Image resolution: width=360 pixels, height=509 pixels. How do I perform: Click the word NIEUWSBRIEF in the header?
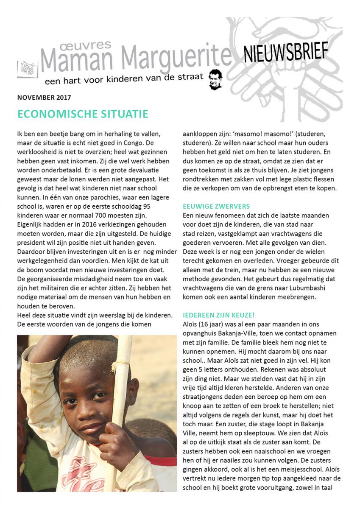(285, 52)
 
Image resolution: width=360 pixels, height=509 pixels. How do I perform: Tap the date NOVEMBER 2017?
(44, 97)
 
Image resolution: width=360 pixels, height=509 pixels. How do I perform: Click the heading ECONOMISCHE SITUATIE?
(83, 114)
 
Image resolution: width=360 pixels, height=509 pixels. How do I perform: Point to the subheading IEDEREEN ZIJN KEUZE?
(218, 314)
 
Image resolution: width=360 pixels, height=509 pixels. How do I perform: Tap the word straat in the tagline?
(192, 78)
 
